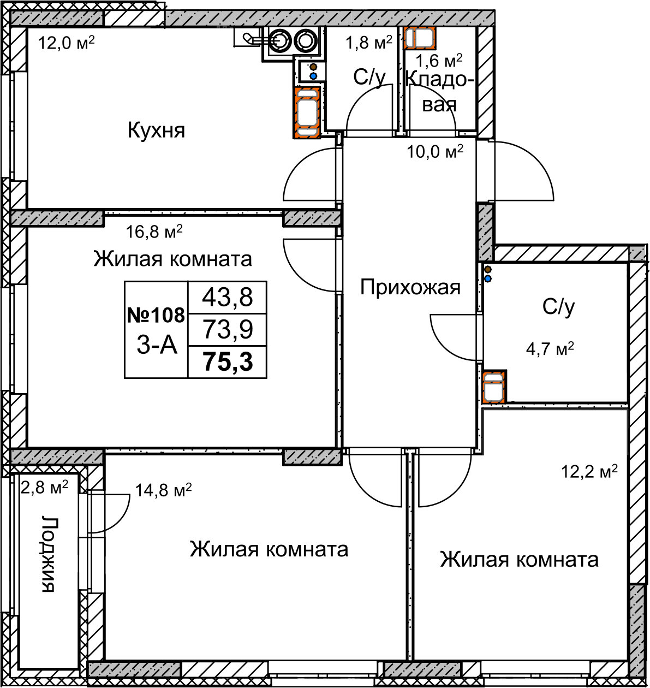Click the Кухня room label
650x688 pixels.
click(156, 131)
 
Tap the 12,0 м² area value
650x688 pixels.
click(66, 43)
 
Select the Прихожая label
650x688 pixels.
click(410, 288)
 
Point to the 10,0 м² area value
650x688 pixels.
click(435, 152)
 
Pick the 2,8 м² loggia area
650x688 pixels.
click(44, 488)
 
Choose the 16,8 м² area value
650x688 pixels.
click(154, 232)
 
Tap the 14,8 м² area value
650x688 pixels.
click(163, 490)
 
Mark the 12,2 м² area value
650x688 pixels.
click(589, 472)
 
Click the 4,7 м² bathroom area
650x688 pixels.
click(550, 349)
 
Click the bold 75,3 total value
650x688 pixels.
click(228, 361)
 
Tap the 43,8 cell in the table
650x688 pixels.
click(228, 298)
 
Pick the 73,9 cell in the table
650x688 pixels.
click(228, 330)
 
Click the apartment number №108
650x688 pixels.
click(156, 315)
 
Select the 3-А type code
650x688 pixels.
click(157, 346)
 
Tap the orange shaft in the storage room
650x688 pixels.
click(420, 38)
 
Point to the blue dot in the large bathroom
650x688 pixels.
click(488, 279)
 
